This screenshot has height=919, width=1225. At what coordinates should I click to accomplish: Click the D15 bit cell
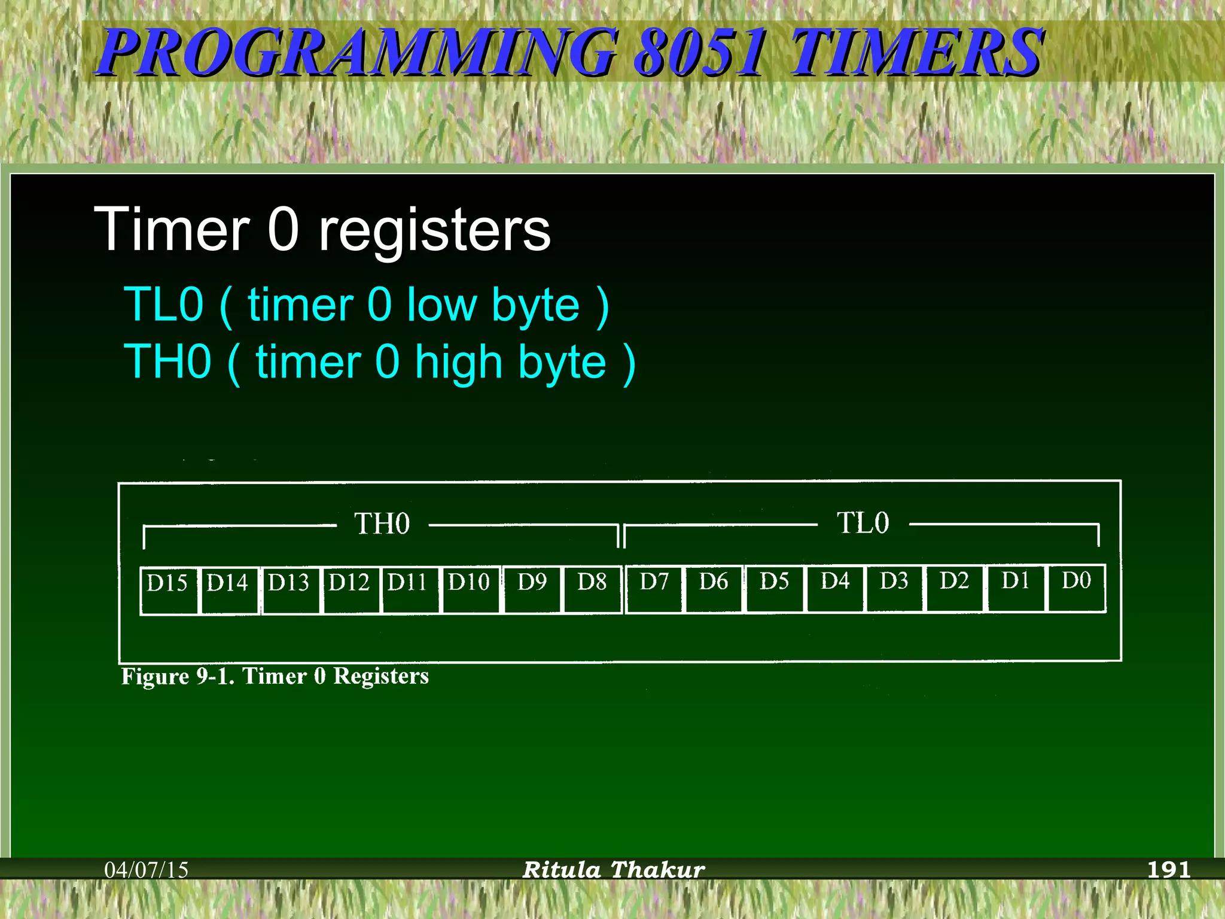coord(169,590)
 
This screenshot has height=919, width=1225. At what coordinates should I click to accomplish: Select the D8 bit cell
coord(592,589)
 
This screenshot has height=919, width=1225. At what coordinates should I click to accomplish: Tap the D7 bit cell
coord(654,589)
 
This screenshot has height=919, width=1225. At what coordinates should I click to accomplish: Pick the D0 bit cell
coord(1076,588)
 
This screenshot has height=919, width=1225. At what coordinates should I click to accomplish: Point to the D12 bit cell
coord(350,589)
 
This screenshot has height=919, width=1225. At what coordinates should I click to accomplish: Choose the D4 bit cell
coord(835,588)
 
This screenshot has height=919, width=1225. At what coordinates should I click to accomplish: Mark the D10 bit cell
coord(470,589)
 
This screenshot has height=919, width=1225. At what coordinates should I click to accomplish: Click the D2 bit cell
coord(954,588)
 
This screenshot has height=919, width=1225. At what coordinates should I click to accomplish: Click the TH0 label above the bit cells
coord(382,524)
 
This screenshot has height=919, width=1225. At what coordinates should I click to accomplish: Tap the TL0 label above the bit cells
coord(863,522)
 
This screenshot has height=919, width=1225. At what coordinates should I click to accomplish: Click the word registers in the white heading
coord(434,230)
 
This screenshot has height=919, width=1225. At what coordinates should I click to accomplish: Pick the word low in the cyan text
coord(442,305)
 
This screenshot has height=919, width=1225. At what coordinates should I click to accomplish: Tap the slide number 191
coord(1168,869)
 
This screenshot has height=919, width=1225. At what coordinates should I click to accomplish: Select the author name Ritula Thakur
coord(614,869)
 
